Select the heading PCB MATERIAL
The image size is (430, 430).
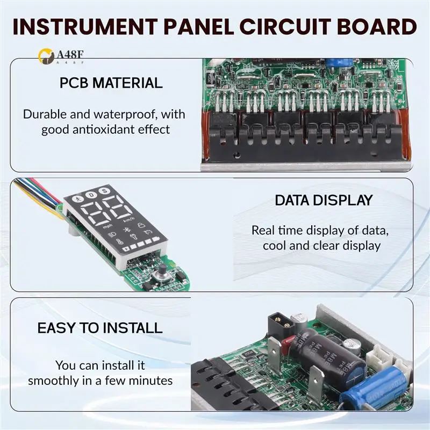[111, 83]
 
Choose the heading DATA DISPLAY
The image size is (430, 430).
[324, 200]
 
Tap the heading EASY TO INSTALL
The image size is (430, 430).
[99, 327]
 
